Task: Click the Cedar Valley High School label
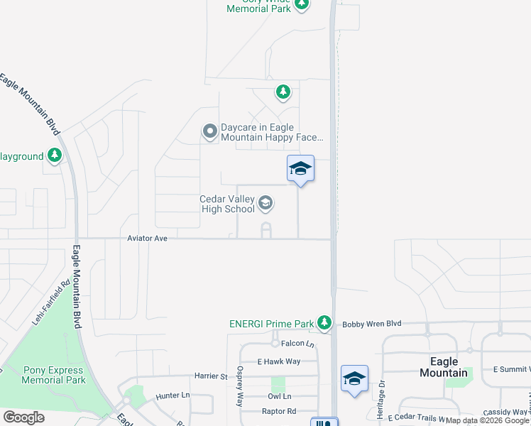[226, 204]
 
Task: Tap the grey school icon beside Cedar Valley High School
[265, 204]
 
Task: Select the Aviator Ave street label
[147, 239]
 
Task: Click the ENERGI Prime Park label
[271, 324]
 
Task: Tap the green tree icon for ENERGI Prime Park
[324, 323]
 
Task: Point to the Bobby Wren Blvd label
[371, 324]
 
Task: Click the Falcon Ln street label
[297, 344]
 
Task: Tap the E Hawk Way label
[279, 361]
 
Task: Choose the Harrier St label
[210, 376]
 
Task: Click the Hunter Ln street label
[173, 395]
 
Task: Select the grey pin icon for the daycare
[209, 131]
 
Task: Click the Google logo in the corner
[23, 417]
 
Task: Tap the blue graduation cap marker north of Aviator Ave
[300, 169]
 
